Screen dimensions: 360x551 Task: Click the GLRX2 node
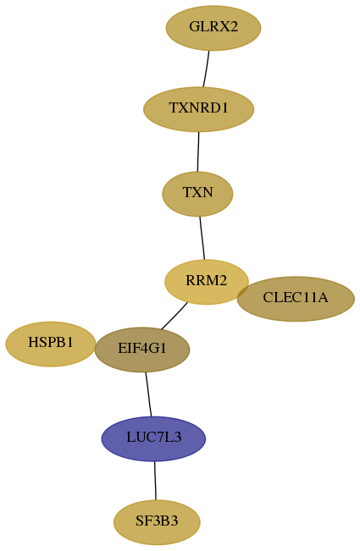[213, 28]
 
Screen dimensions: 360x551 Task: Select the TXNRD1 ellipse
[198, 109]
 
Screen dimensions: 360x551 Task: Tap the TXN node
[197, 194]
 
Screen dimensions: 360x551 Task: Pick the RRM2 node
[207, 282]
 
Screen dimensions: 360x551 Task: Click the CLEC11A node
[296, 299]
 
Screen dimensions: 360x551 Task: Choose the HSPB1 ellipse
[51, 344]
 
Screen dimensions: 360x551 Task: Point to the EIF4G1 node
[142, 350]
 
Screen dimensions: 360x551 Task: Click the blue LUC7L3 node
[153, 438]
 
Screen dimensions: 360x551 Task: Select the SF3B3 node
[157, 522]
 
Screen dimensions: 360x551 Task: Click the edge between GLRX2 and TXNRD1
[206, 69]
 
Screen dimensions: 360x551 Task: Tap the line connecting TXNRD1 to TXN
[198, 152]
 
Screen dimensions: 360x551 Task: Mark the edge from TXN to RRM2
[202, 238]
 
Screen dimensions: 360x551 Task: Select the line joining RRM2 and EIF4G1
[174, 316]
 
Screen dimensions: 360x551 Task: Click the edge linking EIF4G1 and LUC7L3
[148, 394]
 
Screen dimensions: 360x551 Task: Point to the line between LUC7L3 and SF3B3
[155, 481]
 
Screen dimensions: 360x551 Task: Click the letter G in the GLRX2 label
[193, 27]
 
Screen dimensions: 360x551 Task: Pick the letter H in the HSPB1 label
[33, 342]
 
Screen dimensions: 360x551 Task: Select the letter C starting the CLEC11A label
[268, 298]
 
